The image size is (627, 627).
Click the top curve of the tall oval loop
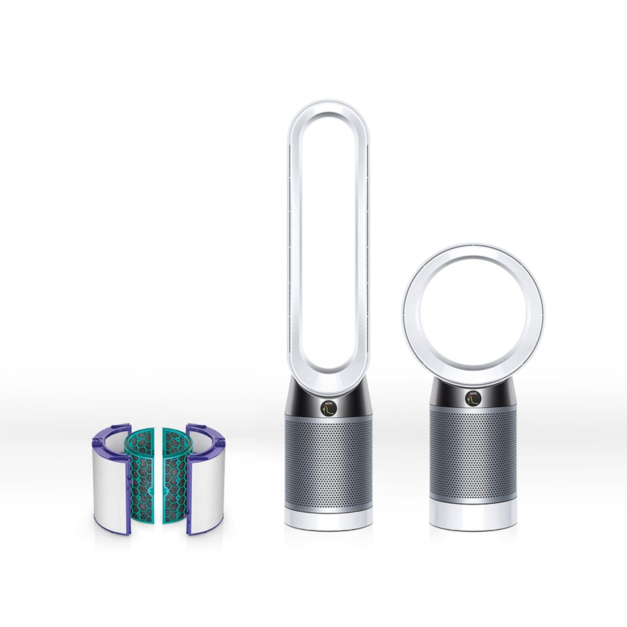tap(328, 105)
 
